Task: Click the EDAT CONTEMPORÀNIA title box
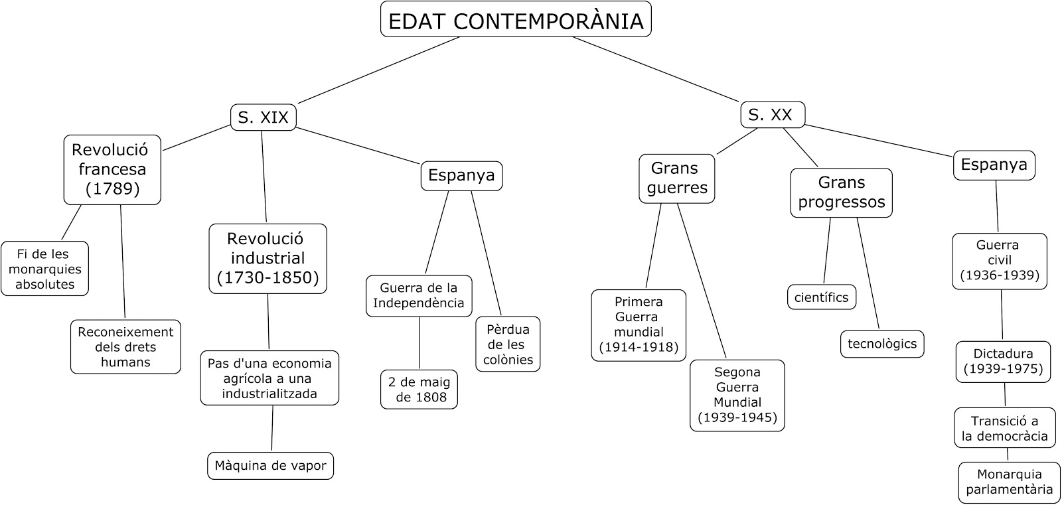(516, 20)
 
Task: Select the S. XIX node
(264, 117)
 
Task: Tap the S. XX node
(772, 115)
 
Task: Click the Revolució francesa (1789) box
(112, 169)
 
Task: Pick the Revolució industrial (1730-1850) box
(267, 258)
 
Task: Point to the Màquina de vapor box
(270, 465)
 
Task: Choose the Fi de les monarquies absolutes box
(44, 269)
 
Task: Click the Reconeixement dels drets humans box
(125, 346)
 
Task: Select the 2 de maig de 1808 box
(419, 390)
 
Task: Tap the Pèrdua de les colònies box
(508, 344)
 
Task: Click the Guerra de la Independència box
(419, 295)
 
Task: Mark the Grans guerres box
(677, 178)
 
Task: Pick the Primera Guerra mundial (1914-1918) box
(639, 325)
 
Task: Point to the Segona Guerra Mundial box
(737, 396)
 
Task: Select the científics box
(821, 297)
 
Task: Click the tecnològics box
(881, 344)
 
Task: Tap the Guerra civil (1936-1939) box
(999, 261)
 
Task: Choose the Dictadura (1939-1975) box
(1003, 362)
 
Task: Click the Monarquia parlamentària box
(1009, 482)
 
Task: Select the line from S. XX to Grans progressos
(800, 147)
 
